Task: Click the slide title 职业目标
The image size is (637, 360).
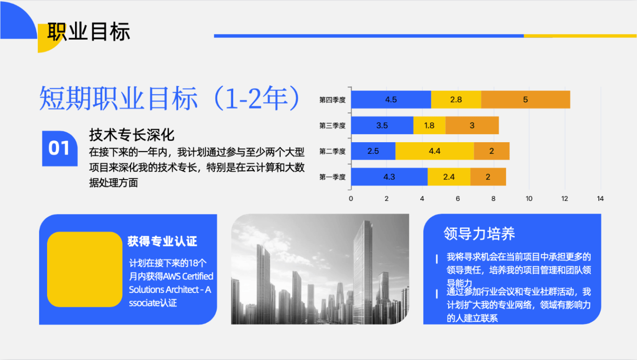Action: (89, 32)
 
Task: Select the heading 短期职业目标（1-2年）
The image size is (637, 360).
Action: (170, 98)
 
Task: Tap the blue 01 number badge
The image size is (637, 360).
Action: (60, 148)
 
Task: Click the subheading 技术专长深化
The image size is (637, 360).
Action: (132, 135)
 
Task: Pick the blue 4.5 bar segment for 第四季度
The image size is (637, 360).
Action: (391, 99)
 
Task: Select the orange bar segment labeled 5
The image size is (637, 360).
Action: (526, 99)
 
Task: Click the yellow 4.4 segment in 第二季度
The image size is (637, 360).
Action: (435, 151)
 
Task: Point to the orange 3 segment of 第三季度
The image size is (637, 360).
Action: (472, 125)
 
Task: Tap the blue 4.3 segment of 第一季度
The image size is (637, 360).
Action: (389, 177)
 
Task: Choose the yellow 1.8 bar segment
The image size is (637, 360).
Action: (429, 125)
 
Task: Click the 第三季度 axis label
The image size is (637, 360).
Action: (332, 125)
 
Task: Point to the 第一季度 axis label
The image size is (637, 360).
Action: (332, 177)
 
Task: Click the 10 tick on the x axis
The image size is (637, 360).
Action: (529, 199)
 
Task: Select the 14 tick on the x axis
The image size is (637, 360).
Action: (600, 199)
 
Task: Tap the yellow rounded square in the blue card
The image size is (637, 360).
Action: (85, 269)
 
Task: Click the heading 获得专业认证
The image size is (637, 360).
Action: (162, 241)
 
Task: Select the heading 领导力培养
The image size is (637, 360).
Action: (479, 234)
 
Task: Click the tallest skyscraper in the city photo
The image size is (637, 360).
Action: (363, 270)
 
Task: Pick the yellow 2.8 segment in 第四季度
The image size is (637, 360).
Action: (456, 99)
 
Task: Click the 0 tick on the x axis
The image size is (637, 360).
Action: (351, 199)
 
